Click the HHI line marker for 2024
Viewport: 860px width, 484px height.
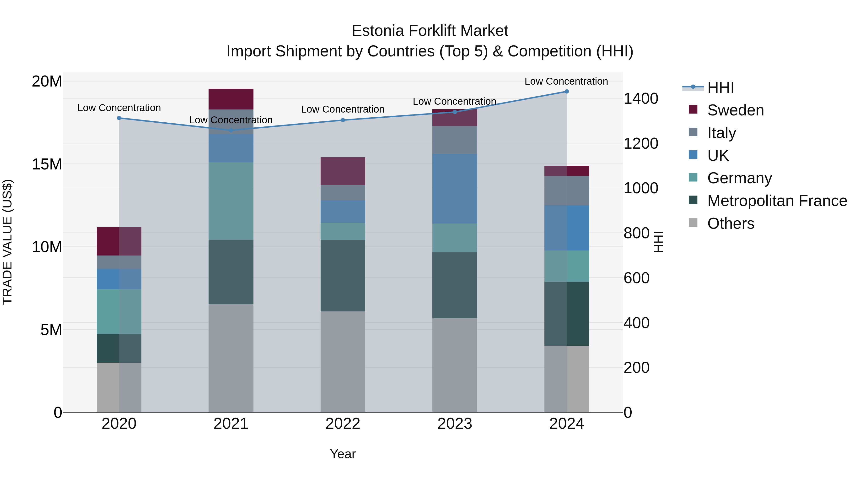(567, 92)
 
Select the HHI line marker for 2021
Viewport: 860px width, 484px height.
(231, 130)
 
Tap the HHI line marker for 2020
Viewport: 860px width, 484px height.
(119, 118)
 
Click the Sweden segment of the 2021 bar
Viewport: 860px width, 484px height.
(231, 99)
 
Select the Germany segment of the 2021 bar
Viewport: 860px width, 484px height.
(231, 201)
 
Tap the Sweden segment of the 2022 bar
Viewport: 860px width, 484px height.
(343, 171)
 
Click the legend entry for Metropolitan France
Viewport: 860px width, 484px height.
(777, 201)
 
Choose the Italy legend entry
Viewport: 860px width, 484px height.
(721, 133)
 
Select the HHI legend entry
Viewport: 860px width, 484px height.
(720, 87)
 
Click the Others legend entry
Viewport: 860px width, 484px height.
(731, 223)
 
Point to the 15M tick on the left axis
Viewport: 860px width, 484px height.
(47, 164)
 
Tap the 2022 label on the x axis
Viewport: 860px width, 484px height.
(343, 424)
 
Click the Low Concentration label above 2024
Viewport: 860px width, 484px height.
(566, 81)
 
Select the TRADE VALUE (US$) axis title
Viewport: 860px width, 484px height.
(7, 242)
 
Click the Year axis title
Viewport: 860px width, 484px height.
(343, 454)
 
